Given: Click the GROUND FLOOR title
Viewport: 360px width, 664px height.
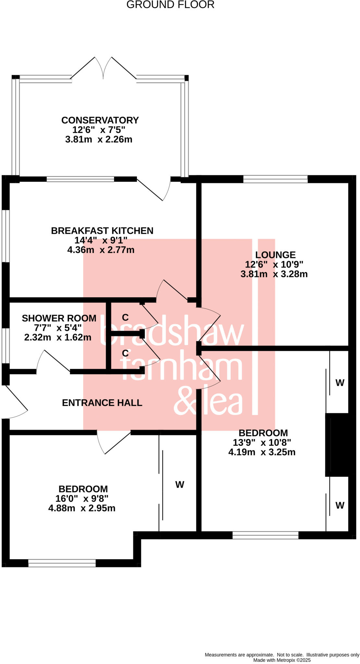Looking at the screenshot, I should point(170,5).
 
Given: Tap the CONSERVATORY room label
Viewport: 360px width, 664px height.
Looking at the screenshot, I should point(100,120).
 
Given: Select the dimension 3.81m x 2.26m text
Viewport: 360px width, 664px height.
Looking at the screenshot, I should point(99,140).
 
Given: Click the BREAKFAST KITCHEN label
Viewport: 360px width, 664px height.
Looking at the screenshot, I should point(102,231).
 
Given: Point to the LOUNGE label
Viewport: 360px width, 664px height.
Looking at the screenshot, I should point(275,255).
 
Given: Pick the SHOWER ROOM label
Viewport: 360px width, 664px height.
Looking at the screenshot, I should point(59,318).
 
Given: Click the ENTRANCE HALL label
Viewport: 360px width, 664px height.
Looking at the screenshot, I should point(102,403).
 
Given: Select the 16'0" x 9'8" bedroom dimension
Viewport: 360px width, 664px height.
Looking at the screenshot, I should point(82,498).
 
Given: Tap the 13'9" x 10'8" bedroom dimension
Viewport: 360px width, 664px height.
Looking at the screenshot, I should point(262,443).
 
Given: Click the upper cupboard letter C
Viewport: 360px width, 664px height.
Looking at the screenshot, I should point(125,317).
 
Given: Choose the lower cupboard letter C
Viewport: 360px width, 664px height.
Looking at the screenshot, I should point(125,353).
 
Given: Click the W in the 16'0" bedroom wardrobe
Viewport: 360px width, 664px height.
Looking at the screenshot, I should point(180,485).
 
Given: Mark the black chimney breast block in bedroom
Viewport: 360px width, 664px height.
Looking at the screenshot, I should point(337,445).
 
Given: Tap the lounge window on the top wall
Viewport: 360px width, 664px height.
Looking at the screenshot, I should point(275,179).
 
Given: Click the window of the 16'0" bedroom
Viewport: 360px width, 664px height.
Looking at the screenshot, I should point(62,563).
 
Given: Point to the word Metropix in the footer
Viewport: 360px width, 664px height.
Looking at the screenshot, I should point(285,660).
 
